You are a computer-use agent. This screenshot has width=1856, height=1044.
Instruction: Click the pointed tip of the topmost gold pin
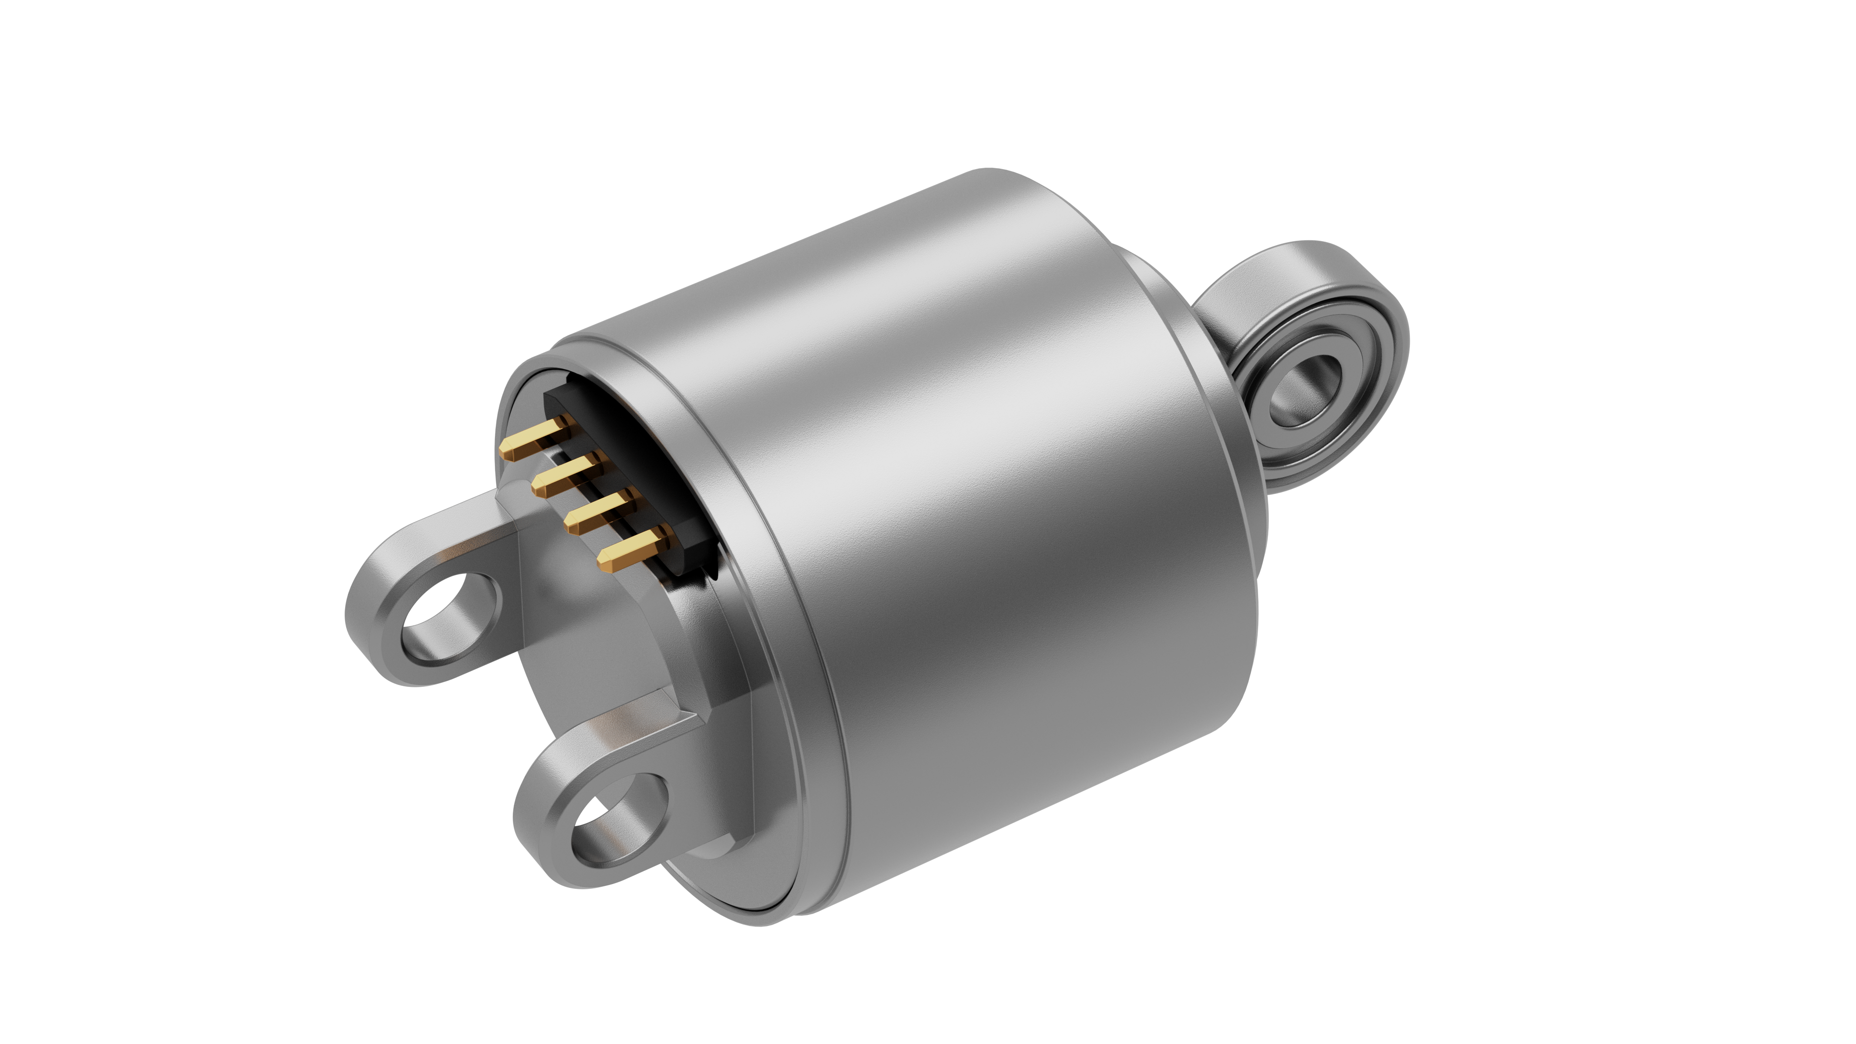pos(507,454)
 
